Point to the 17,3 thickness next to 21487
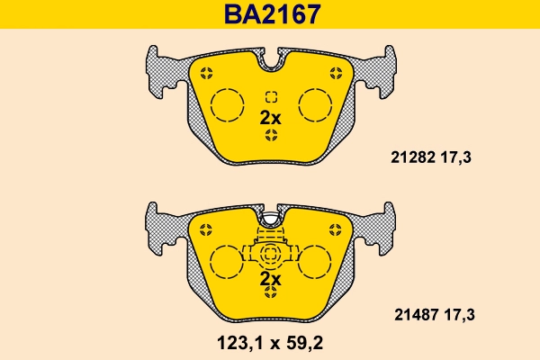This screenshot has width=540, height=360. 457,314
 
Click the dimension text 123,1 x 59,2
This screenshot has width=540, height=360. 270,343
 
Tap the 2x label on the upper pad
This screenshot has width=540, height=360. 270,117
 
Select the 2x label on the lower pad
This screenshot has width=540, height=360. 270,280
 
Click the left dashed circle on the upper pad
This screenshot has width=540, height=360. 227,105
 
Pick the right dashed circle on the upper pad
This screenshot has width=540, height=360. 316,105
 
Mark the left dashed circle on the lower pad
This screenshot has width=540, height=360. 227,263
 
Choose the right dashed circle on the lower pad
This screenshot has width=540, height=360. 316,263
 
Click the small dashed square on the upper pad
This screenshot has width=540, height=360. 271,97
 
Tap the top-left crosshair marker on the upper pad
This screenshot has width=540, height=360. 206,73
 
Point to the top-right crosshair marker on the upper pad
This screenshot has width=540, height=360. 336,73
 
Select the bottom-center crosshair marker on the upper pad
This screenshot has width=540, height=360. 271,136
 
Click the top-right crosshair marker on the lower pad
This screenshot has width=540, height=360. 336,229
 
